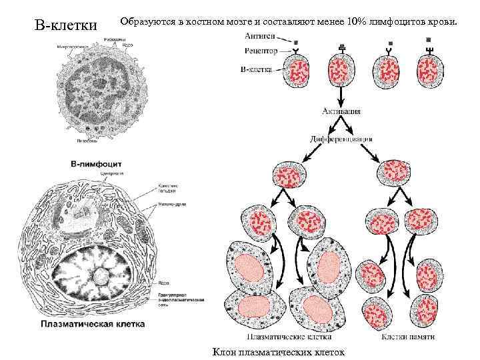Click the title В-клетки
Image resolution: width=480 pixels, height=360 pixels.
pyautogui.click(x=65, y=26)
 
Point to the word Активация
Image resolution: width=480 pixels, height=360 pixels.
pyautogui.click(x=341, y=111)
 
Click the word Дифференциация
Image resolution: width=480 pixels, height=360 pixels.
pyautogui.click(x=341, y=139)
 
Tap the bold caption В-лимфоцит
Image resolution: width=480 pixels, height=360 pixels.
pyautogui.click(x=101, y=163)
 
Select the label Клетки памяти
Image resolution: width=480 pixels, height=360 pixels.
pyautogui.click(x=408, y=337)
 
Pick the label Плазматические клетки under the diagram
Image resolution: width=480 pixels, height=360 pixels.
pyautogui.click(x=279, y=337)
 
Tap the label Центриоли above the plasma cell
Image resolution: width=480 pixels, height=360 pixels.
pyautogui.click(x=109, y=174)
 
